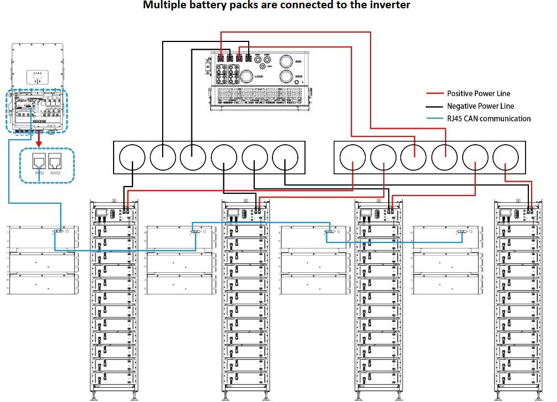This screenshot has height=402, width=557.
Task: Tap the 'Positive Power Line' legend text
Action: click(478, 93)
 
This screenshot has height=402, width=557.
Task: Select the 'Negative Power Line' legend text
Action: click(480, 106)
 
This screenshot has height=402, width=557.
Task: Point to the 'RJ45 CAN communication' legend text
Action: click(489, 119)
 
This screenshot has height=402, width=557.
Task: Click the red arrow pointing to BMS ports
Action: click(39, 142)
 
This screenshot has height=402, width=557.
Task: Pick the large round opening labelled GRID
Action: click(286, 76)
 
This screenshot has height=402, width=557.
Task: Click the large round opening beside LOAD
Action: click(247, 76)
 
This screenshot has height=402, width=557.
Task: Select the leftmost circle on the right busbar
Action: click(354, 158)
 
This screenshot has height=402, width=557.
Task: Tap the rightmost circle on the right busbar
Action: click(506, 158)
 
